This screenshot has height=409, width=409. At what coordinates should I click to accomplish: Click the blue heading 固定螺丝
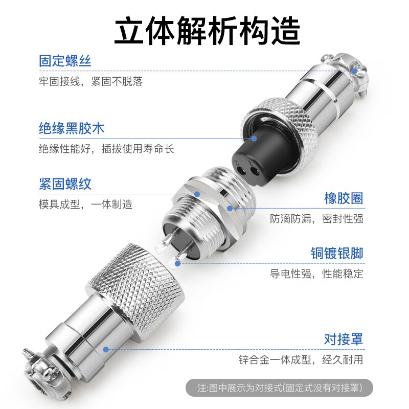tap(65, 61)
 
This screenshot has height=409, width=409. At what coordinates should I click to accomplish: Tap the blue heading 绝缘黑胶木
tap(72, 128)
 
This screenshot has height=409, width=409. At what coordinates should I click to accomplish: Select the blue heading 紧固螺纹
tap(65, 184)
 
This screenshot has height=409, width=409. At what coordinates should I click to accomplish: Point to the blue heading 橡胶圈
tap(344, 198)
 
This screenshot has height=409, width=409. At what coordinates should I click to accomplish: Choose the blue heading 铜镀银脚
tap(337, 253)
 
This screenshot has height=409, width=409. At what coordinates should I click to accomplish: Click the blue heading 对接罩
tap(344, 338)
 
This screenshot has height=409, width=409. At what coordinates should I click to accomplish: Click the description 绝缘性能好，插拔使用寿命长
tap(106, 149)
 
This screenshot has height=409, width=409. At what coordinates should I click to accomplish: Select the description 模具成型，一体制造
tap(85, 204)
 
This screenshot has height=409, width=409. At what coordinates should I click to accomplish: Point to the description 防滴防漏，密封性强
tap(316, 219)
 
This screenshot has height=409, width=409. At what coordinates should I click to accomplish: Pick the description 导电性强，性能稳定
tap(316, 274)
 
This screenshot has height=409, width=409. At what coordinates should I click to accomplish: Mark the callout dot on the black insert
tap(254, 138)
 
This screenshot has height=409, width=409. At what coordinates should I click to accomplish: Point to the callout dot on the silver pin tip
tap(177, 263)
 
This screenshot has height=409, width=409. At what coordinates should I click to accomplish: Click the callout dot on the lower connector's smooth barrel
tap(106, 350)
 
